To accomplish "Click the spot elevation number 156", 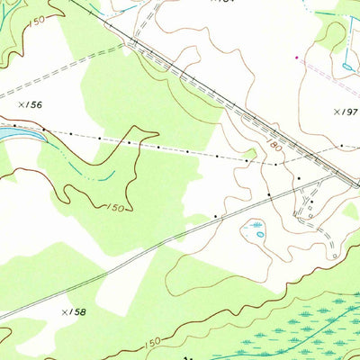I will [33, 105].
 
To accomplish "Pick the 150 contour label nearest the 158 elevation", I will [151, 343].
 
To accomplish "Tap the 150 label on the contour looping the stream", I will [114, 207].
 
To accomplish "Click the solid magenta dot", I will [297, 58].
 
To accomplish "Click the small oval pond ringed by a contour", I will [260, 233].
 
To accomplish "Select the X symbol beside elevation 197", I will [335, 112].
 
